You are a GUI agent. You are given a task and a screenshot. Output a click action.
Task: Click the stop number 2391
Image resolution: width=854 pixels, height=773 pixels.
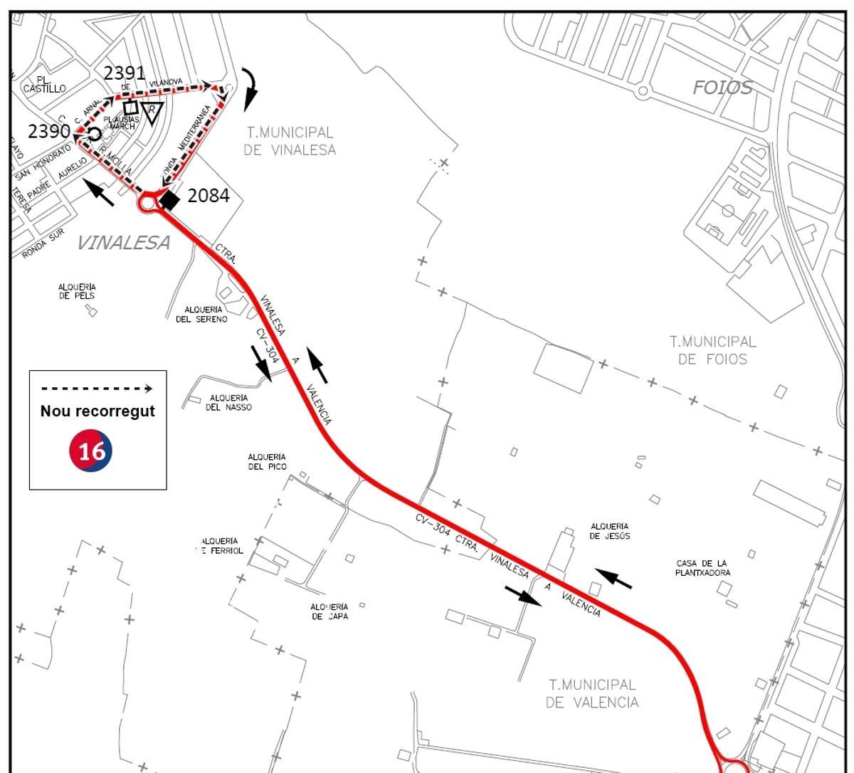tap(125, 73)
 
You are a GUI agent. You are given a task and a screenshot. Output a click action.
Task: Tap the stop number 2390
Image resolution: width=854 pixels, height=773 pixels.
tap(48, 131)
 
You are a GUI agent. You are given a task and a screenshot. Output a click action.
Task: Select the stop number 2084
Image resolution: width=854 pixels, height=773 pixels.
tap(208, 195)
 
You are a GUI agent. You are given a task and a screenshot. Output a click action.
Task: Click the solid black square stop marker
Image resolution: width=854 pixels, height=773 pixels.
tap(169, 199)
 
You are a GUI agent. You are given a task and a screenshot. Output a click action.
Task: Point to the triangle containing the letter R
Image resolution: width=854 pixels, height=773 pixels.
tap(152, 112)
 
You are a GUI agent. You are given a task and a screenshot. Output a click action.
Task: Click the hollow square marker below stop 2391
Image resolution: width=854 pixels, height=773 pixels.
tap(130, 107)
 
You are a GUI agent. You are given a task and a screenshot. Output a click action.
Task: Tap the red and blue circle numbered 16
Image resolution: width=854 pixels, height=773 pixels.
tap(91, 450)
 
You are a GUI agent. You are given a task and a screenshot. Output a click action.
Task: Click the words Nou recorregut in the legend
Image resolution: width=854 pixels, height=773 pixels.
tap(97, 411)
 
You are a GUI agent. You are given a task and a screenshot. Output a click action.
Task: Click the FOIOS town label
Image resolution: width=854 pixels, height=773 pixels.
tap(722, 88)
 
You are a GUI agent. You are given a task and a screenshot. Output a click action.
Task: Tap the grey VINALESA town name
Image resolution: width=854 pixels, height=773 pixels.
tap(123, 243)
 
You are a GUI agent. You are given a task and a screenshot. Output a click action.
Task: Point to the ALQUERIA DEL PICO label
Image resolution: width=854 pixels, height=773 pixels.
tap(267, 462)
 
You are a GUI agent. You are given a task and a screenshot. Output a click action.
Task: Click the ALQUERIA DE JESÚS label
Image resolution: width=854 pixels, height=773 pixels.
tap(610, 532)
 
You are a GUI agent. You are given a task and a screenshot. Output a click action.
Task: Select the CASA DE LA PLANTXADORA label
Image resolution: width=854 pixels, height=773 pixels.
tap(702, 567)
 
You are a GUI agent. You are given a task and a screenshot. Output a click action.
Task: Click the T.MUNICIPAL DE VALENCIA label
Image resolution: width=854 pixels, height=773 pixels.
tap(592, 693)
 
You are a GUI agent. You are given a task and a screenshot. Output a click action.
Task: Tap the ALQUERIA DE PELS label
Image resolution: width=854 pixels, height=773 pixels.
tap(77, 291)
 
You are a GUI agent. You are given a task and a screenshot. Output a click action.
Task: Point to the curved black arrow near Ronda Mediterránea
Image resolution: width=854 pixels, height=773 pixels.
tap(250, 89)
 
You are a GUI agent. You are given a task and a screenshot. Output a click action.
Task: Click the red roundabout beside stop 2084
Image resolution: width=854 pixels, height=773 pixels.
tap(148, 203)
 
